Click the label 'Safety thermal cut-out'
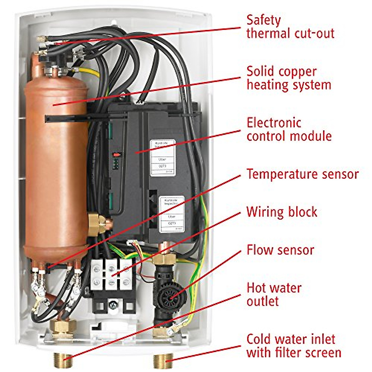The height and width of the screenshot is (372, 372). click(x=290, y=27)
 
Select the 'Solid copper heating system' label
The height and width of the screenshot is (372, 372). click(x=289, y=78)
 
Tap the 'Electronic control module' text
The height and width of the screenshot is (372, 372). click(x=289, y=129)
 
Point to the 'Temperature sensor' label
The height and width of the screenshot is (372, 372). click(x=303, y=174)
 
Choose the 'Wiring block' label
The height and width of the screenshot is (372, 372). click(x=282, y=212)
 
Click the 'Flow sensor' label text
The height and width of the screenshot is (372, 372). click(x=280, y=250)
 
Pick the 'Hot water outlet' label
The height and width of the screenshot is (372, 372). click(x=274, y=294)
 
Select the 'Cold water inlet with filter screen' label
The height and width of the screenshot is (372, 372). click(x=294, y=346)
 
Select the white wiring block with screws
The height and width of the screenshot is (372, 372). click(x=111, y=275)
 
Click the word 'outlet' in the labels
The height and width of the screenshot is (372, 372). click(x=263, y=301)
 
